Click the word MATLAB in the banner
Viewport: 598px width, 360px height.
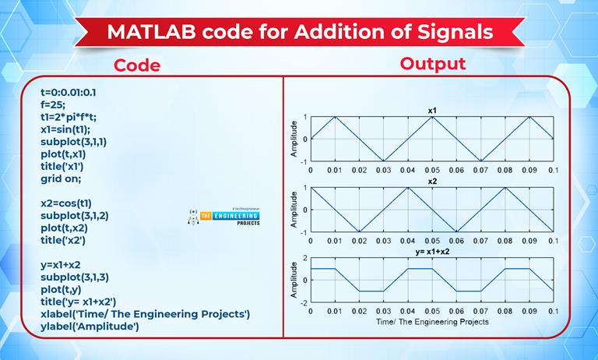[x=151, y=32]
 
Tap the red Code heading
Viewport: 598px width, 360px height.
[x=137, y=65]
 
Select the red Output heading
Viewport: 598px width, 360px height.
[x=432, y=63]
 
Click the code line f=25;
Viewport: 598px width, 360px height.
[x=53, y=104]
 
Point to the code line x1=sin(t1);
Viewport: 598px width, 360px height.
[x=65, y=129]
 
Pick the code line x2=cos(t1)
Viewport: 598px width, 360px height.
[x=66, y=203]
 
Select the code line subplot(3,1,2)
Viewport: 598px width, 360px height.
[x=75, y=216]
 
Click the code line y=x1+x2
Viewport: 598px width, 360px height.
[x=60, y=265]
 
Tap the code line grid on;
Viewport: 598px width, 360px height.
[x=61, y=178]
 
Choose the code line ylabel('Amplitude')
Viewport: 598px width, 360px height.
[x=90, y=326]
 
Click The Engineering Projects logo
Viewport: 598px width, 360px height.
[x=224, y=217]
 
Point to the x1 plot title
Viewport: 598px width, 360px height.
[x=431, y=111]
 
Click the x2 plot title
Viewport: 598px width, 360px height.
[x=431, y=182]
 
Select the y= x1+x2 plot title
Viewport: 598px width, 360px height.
[x=432, y=252]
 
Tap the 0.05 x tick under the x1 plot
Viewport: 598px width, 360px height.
[x=431, y=170]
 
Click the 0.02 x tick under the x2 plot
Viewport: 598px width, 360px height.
[x=359, y=241]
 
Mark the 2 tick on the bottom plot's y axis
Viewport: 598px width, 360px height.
[x=304, y=258]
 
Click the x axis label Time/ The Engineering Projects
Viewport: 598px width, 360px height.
[x=432, y=322]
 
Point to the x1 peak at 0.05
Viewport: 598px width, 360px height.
[x=432, y=117]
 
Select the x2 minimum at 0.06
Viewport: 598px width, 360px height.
[x=456, y=231]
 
